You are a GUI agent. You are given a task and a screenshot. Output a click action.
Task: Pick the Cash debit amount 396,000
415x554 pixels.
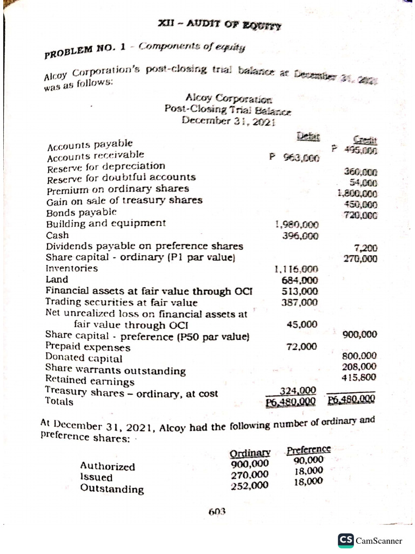coord(300,235)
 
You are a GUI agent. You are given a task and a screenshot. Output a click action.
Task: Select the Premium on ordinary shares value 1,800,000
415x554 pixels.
coord(357,193)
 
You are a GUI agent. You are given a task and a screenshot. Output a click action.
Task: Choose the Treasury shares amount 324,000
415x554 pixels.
coord(298,391)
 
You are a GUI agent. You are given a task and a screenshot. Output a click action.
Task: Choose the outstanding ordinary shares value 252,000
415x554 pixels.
coord(249,485)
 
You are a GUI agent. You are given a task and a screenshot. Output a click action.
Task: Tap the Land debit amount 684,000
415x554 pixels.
coord(300,280)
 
